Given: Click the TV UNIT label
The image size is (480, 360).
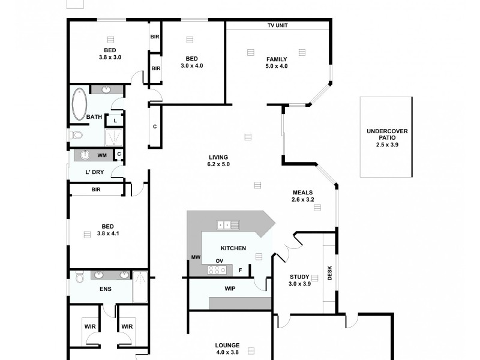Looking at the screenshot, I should [277, 26].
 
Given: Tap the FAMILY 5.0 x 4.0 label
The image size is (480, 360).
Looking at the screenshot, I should [277, 62].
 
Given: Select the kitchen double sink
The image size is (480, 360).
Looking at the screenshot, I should [228, 225].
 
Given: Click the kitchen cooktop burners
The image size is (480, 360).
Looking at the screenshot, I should [216, 270].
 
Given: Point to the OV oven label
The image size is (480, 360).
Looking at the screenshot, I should [220, 260].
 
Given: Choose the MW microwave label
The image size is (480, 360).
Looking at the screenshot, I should [196, 257].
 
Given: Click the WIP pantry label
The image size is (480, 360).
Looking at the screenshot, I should [230, 289].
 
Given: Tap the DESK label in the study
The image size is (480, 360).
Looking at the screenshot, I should [329, 274].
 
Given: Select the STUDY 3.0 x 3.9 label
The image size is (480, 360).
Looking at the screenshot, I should [300, 280].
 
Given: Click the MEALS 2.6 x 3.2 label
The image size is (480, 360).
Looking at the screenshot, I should [303, 196].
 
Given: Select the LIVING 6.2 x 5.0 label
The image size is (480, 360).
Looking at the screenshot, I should [218, 160].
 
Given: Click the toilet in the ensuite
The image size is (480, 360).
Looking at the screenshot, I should [79, 277].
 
